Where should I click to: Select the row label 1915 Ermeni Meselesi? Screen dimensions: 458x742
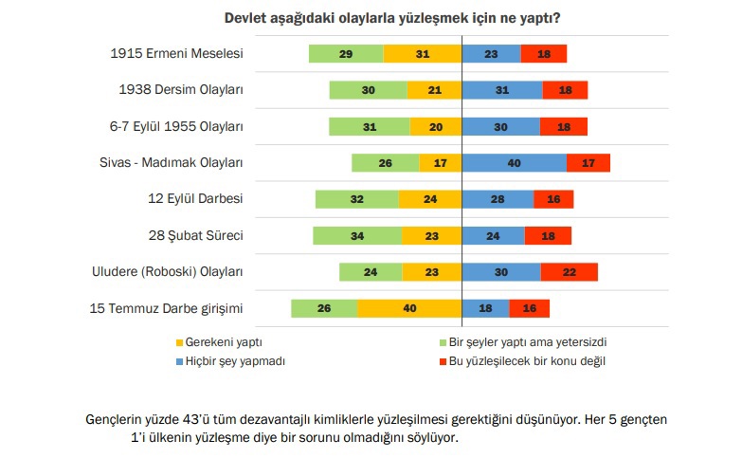pos(177,54)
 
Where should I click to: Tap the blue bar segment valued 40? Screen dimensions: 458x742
pos(514,163)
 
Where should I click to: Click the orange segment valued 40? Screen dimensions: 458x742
pos(409,308)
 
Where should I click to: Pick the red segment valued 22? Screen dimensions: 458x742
pos(569,272)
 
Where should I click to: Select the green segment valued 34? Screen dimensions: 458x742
pos(356,236)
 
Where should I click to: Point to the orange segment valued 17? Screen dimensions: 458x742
pos(440,163)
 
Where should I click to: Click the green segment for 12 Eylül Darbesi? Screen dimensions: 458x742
pos(356,199)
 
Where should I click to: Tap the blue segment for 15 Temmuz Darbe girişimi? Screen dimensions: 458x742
pos(485,308)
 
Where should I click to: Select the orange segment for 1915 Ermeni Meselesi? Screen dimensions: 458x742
pos(422,54)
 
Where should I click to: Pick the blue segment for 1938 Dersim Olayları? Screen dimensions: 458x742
pos(502,90)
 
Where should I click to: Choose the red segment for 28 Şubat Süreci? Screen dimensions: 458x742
pos(548,236)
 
